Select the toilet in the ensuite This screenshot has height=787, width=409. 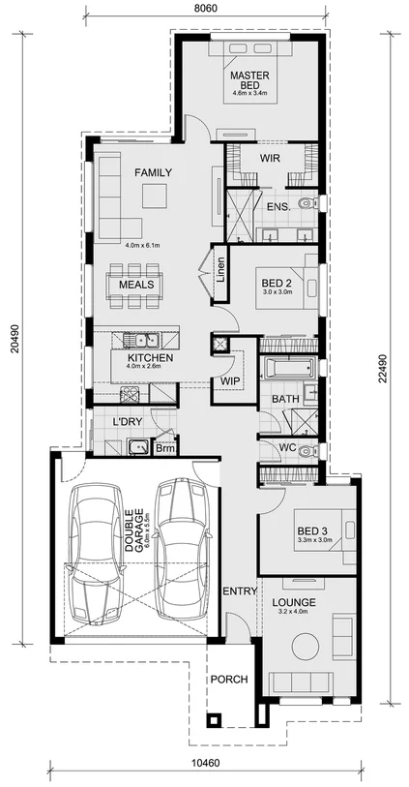tap(307, 203)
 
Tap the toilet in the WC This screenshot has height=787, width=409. tap(307, 451)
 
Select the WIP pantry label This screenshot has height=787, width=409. tap(229, 381)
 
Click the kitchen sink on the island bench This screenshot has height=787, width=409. tap(146, 340)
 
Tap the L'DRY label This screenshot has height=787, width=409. tap(128, 423)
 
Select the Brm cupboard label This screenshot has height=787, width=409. tap(165, 448)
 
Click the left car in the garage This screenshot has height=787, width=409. tap(98, 553)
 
